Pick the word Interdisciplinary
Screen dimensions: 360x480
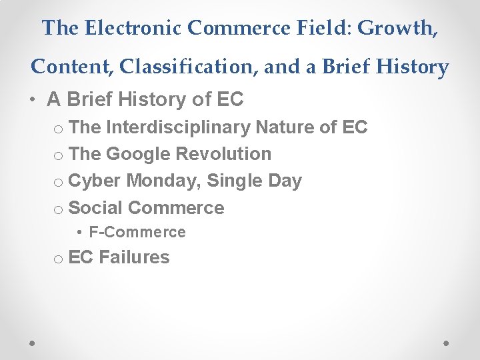point(177,127)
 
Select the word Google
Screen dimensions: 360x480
point(138,154)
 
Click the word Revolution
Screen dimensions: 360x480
point(223,154)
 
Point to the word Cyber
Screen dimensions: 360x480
point(95,181)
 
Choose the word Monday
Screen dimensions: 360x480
point(166,181)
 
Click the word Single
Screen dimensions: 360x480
point(239,181)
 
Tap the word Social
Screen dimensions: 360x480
point(95,207)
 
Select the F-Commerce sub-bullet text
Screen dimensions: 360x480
point(137,232)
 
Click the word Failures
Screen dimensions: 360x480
point(134,257)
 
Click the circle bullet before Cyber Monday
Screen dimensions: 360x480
point(58,183)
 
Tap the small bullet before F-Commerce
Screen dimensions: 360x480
point(79,233)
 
